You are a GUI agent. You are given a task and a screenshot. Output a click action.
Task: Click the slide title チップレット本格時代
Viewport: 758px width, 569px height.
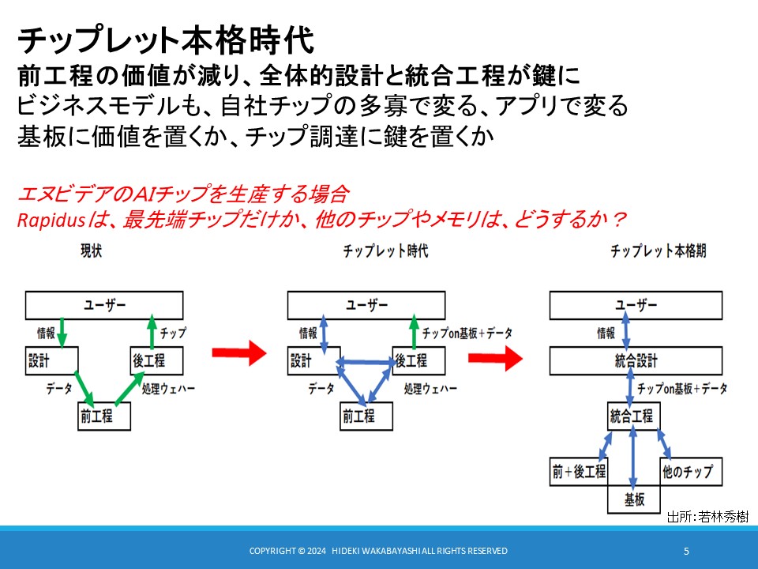point(166,40)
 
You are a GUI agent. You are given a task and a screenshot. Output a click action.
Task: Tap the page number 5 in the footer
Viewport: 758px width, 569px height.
point(686,551)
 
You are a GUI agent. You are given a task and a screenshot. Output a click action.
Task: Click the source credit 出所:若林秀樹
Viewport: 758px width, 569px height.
point(707,517)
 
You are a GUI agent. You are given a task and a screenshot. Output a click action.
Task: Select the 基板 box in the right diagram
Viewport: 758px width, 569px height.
point(634,499)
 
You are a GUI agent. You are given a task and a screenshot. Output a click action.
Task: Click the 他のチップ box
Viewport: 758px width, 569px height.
point(692,471)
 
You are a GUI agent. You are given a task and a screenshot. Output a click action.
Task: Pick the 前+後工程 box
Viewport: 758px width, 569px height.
point(579,471)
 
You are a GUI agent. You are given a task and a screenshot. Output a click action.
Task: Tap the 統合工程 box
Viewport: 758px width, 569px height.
point(634,416)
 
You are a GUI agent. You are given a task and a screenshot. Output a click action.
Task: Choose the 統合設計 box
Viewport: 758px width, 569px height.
point(636,360)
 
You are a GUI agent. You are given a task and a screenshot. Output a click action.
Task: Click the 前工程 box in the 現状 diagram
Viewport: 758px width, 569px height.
point(104,416)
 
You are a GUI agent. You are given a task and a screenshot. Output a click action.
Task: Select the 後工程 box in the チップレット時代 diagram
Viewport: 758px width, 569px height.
point(418,360)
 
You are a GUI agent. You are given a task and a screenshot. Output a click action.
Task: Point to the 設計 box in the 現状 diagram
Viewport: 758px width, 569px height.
point(52,360)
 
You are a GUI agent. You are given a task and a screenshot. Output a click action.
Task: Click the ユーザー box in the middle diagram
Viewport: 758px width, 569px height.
point(366,305)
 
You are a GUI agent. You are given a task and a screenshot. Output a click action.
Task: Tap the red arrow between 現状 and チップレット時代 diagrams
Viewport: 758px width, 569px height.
point(239,352)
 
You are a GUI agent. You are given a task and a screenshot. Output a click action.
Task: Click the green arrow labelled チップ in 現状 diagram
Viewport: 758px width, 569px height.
point(152,332)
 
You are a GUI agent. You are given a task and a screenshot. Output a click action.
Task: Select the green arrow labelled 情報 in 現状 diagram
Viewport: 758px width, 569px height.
point(62,333)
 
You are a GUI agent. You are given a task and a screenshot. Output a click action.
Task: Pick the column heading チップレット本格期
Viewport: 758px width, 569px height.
point(658,251)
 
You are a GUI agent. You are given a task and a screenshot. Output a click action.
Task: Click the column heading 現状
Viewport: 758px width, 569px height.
point(91,251)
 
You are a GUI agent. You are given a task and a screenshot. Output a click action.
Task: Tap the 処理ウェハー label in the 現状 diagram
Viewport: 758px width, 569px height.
point(168,389)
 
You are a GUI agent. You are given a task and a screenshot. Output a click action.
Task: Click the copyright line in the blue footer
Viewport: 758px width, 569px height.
point(378,551)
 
